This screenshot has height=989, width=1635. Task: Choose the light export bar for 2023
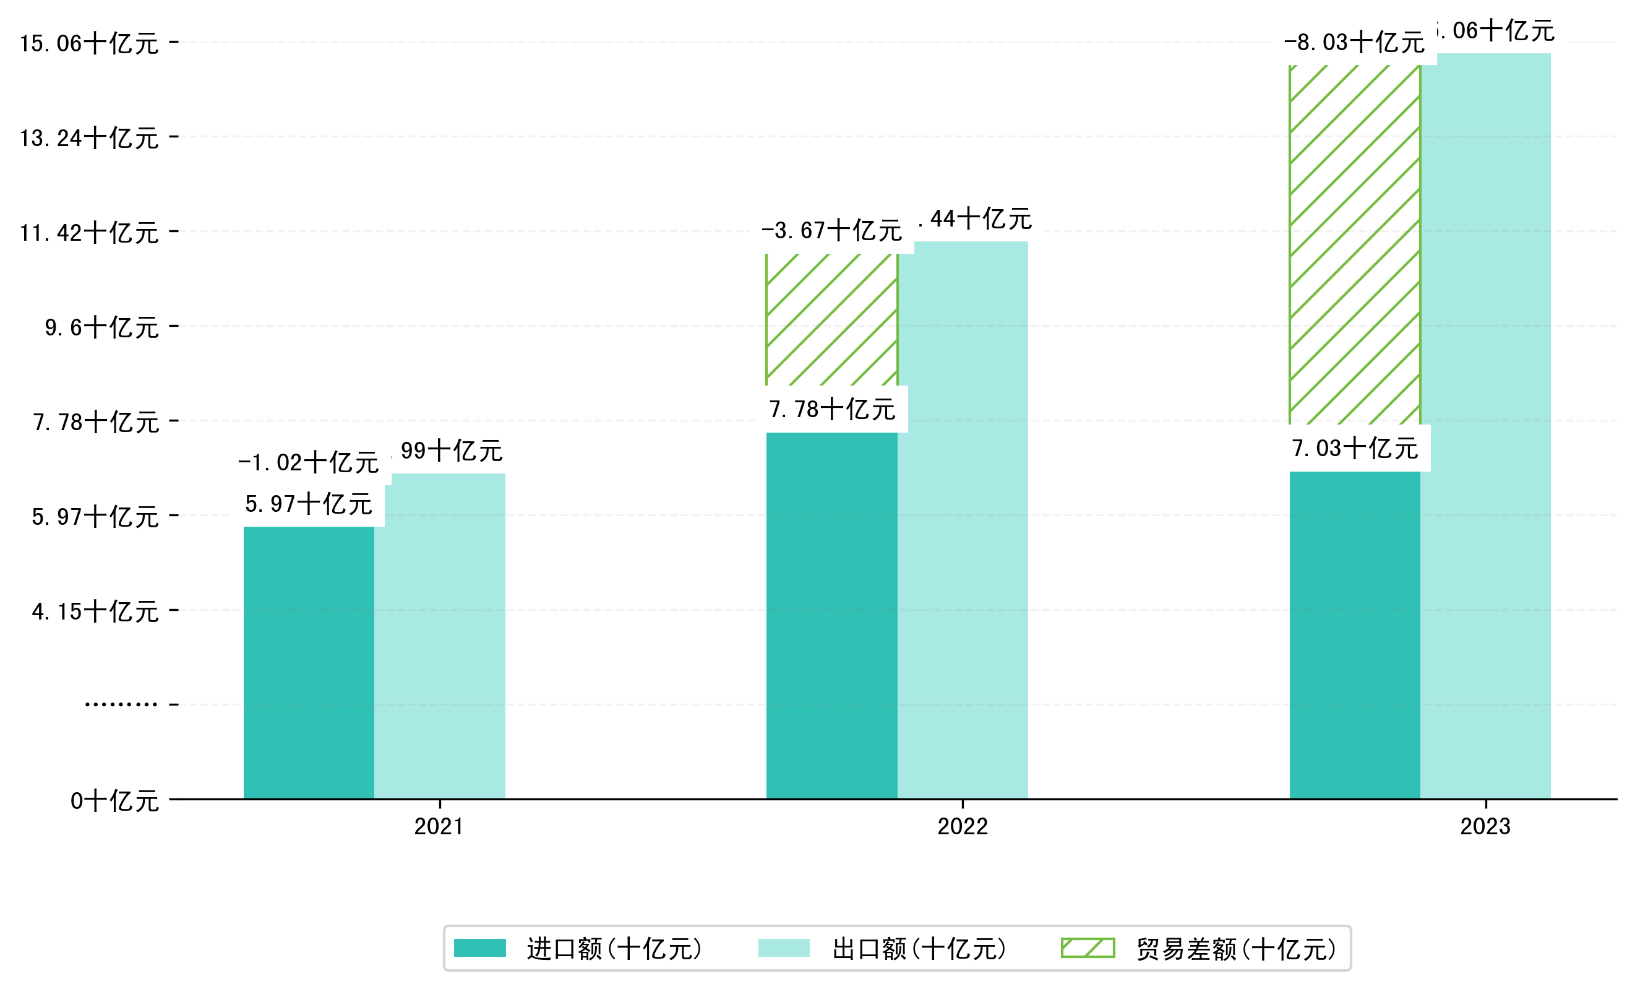click(1485, 425)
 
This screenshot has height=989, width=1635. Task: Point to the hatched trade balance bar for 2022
click(831, 319)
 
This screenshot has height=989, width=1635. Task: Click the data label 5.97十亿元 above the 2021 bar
click(309, 504)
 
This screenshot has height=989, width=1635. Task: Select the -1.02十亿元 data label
click(309, 463)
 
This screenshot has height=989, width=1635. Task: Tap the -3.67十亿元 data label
click(831, 231)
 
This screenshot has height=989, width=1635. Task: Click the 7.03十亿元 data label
click(1354, 449)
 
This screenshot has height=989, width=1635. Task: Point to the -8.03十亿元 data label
click(1354, 43)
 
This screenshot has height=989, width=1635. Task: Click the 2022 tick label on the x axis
click(962, 826)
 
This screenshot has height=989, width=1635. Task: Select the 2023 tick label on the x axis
click(1485, 826)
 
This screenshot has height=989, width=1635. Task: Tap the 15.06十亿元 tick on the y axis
click(89, 44)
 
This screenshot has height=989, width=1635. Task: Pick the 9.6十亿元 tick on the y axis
click(101, 328)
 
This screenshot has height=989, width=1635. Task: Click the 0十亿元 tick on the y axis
click(114, 801)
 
